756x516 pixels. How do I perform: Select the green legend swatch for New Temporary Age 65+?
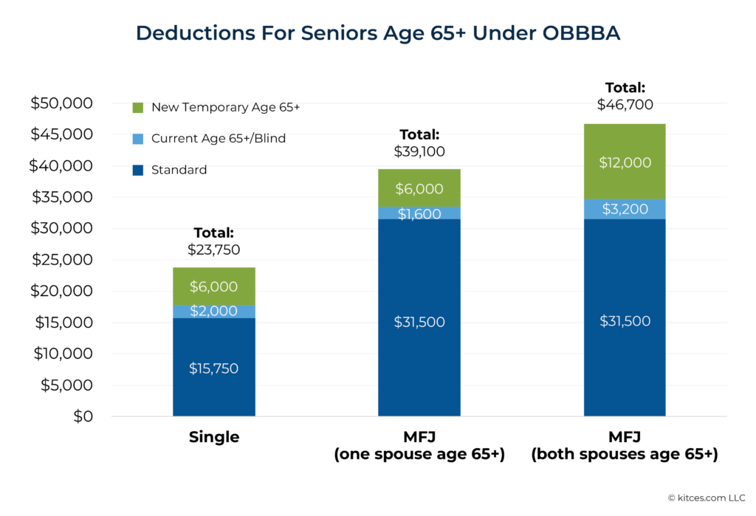coord(138,108)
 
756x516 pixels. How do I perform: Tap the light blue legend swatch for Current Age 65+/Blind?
coord(138,139)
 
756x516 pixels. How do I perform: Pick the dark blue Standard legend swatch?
coord(138,171)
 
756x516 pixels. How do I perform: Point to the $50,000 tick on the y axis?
coord(61,103)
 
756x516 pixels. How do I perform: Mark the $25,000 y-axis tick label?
coord(61,260)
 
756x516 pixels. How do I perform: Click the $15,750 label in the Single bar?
coord(214,368)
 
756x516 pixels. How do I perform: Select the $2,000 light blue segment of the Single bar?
coord(214,312)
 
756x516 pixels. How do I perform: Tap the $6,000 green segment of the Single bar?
coord(214,286)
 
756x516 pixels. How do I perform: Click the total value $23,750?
coord(214,250)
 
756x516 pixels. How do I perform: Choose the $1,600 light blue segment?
coord(419,213)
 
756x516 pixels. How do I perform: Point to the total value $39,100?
coord(419,151)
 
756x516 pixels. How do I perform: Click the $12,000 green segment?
coord(625,162)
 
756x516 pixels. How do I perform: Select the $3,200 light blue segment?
coord(625,209)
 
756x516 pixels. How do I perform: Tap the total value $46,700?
coord(625,105)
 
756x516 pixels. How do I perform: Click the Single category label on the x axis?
coord(214,437)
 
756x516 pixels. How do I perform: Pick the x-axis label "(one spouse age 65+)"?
coord(419,455)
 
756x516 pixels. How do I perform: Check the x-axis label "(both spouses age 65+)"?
coord(625,455)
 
